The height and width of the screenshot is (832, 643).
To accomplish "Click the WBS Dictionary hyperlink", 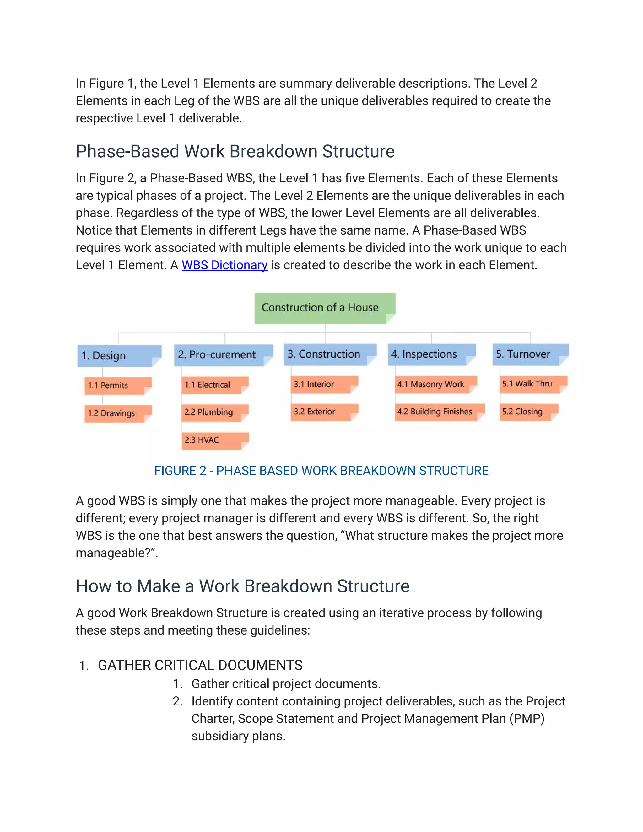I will [x=224, y=265].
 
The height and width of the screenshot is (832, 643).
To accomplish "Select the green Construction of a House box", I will [x=325, y=308].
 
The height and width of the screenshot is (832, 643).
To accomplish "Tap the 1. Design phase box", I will [x=119, y=356].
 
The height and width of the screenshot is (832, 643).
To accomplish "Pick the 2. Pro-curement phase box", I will [x=223, y=355].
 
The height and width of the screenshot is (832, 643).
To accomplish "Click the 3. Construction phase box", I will [x=330, y=354].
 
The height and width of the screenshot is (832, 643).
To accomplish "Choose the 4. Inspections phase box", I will [x=431, y=354].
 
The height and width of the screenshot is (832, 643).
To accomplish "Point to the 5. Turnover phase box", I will [x=530, y=354].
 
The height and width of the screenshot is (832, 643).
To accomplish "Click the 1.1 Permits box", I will [x=118, y=386].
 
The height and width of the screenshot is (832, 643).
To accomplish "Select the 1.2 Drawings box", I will [x=118, y=413].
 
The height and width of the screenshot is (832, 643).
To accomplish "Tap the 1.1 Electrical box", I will [x=215, y=385].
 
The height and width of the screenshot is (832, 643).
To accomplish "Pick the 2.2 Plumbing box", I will [x=215, y=413].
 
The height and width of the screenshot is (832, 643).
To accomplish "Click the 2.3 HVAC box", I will [x=215, y=440].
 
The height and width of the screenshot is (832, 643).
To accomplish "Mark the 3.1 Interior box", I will [x=324, y=384].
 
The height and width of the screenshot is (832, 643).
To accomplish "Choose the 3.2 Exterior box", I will [x=324, y=412].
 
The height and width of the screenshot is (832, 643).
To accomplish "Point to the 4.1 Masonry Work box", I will [x=436, y=384].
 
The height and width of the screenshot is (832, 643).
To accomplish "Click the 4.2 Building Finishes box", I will [x=440, y=412].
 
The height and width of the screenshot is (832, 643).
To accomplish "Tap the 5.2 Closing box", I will [x=529, y=412].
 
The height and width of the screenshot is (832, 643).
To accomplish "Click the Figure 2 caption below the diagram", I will [x=321, y=471].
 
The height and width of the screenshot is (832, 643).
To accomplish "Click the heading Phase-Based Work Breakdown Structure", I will [x=235, y=152].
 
